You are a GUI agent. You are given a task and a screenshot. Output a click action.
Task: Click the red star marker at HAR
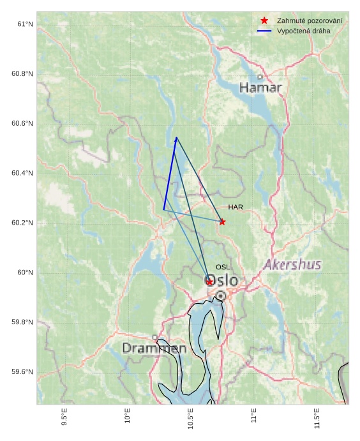222,221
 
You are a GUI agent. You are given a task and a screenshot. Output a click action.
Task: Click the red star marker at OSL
209,281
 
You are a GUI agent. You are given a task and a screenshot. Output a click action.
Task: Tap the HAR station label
236,207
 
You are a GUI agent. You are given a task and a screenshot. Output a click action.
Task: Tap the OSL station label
223,267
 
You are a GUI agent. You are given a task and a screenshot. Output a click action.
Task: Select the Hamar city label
260,88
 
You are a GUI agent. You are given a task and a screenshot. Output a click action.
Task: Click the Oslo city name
221,281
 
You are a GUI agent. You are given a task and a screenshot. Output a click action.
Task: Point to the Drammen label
154,348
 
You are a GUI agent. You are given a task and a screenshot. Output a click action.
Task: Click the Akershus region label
292,265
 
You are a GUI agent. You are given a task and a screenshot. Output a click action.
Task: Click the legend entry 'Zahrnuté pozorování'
310,21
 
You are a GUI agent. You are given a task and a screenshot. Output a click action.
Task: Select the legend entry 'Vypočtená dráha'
304,31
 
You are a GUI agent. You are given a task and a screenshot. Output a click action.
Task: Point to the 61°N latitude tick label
25,24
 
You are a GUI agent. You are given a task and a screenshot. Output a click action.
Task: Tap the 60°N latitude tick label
25,273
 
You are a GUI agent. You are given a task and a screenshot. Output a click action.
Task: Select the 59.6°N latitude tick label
22,372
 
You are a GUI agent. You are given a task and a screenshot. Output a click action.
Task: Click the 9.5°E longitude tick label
64,415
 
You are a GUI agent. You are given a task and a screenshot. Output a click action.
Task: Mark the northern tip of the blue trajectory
177,137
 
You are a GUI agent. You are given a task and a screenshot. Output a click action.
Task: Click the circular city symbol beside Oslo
220,296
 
